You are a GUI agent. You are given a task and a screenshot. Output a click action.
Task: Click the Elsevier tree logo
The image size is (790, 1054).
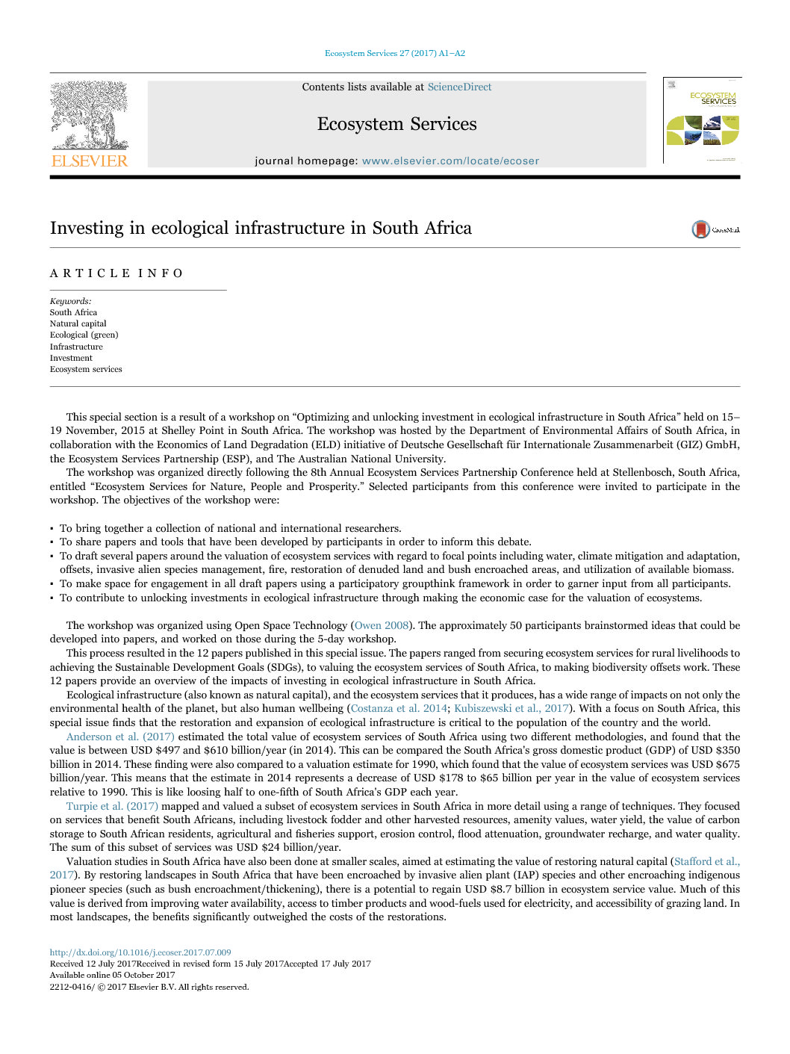tap(89, 116)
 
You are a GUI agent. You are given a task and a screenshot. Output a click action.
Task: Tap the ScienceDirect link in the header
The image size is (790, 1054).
tap(459, 87)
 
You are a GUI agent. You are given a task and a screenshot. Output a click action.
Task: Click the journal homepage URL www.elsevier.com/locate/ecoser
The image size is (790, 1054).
tap(450, 161)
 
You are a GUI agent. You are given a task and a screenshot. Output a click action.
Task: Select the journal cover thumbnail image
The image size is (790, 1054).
tap(702, 121)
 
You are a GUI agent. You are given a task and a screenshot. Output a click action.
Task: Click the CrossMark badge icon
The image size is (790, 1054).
tap(701, 229)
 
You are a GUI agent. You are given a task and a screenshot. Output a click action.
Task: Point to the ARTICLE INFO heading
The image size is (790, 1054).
tap(116, 273)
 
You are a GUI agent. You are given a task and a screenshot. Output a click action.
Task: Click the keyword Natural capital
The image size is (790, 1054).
tap(78, 324)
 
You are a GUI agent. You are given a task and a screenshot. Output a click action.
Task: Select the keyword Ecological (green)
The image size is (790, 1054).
tap(84, 335)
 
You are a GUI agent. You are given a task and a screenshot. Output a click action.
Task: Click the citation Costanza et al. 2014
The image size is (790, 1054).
tap(399, 709)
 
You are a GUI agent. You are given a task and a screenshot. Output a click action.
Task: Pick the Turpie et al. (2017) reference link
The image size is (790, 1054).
tap(112, 807)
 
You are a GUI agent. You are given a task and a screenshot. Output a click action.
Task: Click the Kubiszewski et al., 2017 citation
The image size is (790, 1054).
tap(511, 709)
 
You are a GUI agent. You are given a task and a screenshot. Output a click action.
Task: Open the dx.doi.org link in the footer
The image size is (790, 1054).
tap(140, 953)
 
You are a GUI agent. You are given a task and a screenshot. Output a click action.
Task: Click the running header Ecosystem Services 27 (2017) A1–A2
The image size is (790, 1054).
tap(394, 54)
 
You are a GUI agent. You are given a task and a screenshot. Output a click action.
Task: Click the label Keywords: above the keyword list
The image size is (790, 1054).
tap(70, 302)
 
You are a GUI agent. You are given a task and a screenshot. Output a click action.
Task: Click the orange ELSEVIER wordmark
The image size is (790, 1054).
tap(90, 161)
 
